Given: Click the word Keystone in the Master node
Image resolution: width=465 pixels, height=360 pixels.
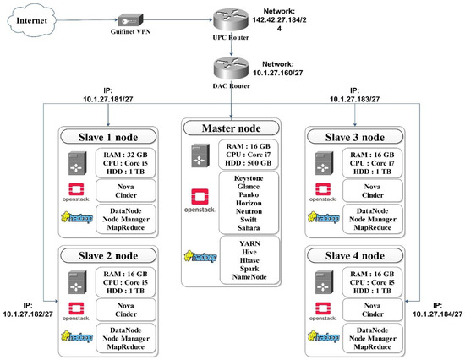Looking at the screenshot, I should pyautogui.click(x=243, y=179).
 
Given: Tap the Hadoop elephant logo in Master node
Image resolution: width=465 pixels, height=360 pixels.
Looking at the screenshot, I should pyautogui.click(x=200, y=258).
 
